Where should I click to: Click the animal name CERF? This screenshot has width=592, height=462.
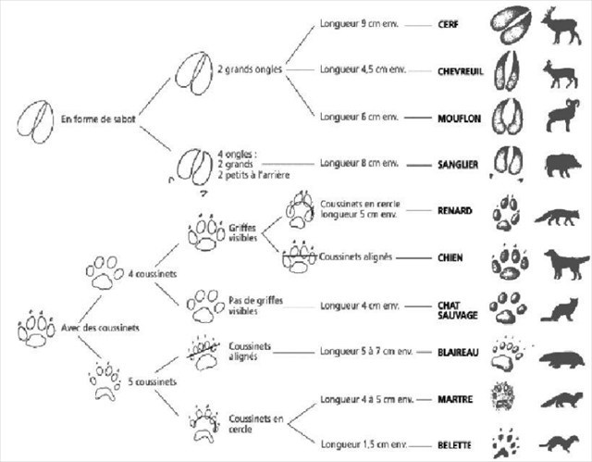pyautogui.click(x=449, y=26)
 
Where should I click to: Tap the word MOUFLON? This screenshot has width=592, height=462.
pyautogui.click(x=455, y=119)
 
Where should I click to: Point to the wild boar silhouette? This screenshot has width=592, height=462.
pyautogui.click(x=561, y=163)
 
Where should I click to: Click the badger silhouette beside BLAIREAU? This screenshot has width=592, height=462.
pyautogui.click(x=561, y=356)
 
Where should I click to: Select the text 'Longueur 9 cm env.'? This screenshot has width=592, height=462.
pyautogui.click(x=359, y=26)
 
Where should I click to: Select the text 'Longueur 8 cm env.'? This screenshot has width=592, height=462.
pyautogui.click(x=359, y=163)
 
